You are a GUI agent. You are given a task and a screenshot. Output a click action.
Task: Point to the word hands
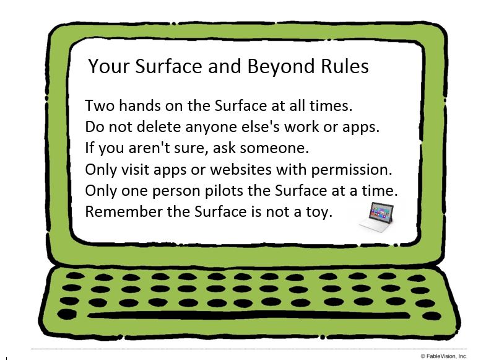point(140,105)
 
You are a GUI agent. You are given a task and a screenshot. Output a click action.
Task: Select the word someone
point(274,148)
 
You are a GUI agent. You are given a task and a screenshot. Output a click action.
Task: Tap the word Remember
point(123,211)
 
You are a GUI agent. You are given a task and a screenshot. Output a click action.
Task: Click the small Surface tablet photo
point(377,217)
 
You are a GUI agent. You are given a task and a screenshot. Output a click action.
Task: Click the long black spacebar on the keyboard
point(248,315)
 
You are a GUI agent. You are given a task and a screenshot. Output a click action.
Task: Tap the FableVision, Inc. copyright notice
point(444,356)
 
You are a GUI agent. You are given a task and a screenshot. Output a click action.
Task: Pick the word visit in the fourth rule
point(135,169)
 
